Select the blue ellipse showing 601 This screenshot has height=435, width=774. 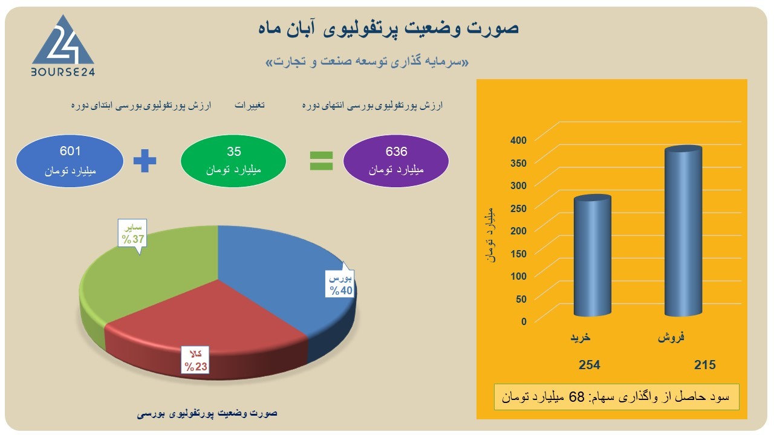70,161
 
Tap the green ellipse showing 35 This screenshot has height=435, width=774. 233,161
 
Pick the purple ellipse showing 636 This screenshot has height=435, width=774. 396,161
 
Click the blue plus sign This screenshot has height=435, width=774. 145,161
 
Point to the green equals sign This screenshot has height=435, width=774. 321,161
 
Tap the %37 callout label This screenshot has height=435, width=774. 132,233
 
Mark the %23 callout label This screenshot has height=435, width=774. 195,360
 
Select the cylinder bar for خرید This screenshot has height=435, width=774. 593,256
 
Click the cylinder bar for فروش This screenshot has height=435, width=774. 683,231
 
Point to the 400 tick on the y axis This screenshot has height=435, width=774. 518,140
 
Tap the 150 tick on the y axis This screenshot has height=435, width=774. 518,254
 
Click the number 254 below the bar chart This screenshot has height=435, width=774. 590,365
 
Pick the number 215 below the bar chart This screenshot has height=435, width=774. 705,365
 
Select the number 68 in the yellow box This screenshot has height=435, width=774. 576,397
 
